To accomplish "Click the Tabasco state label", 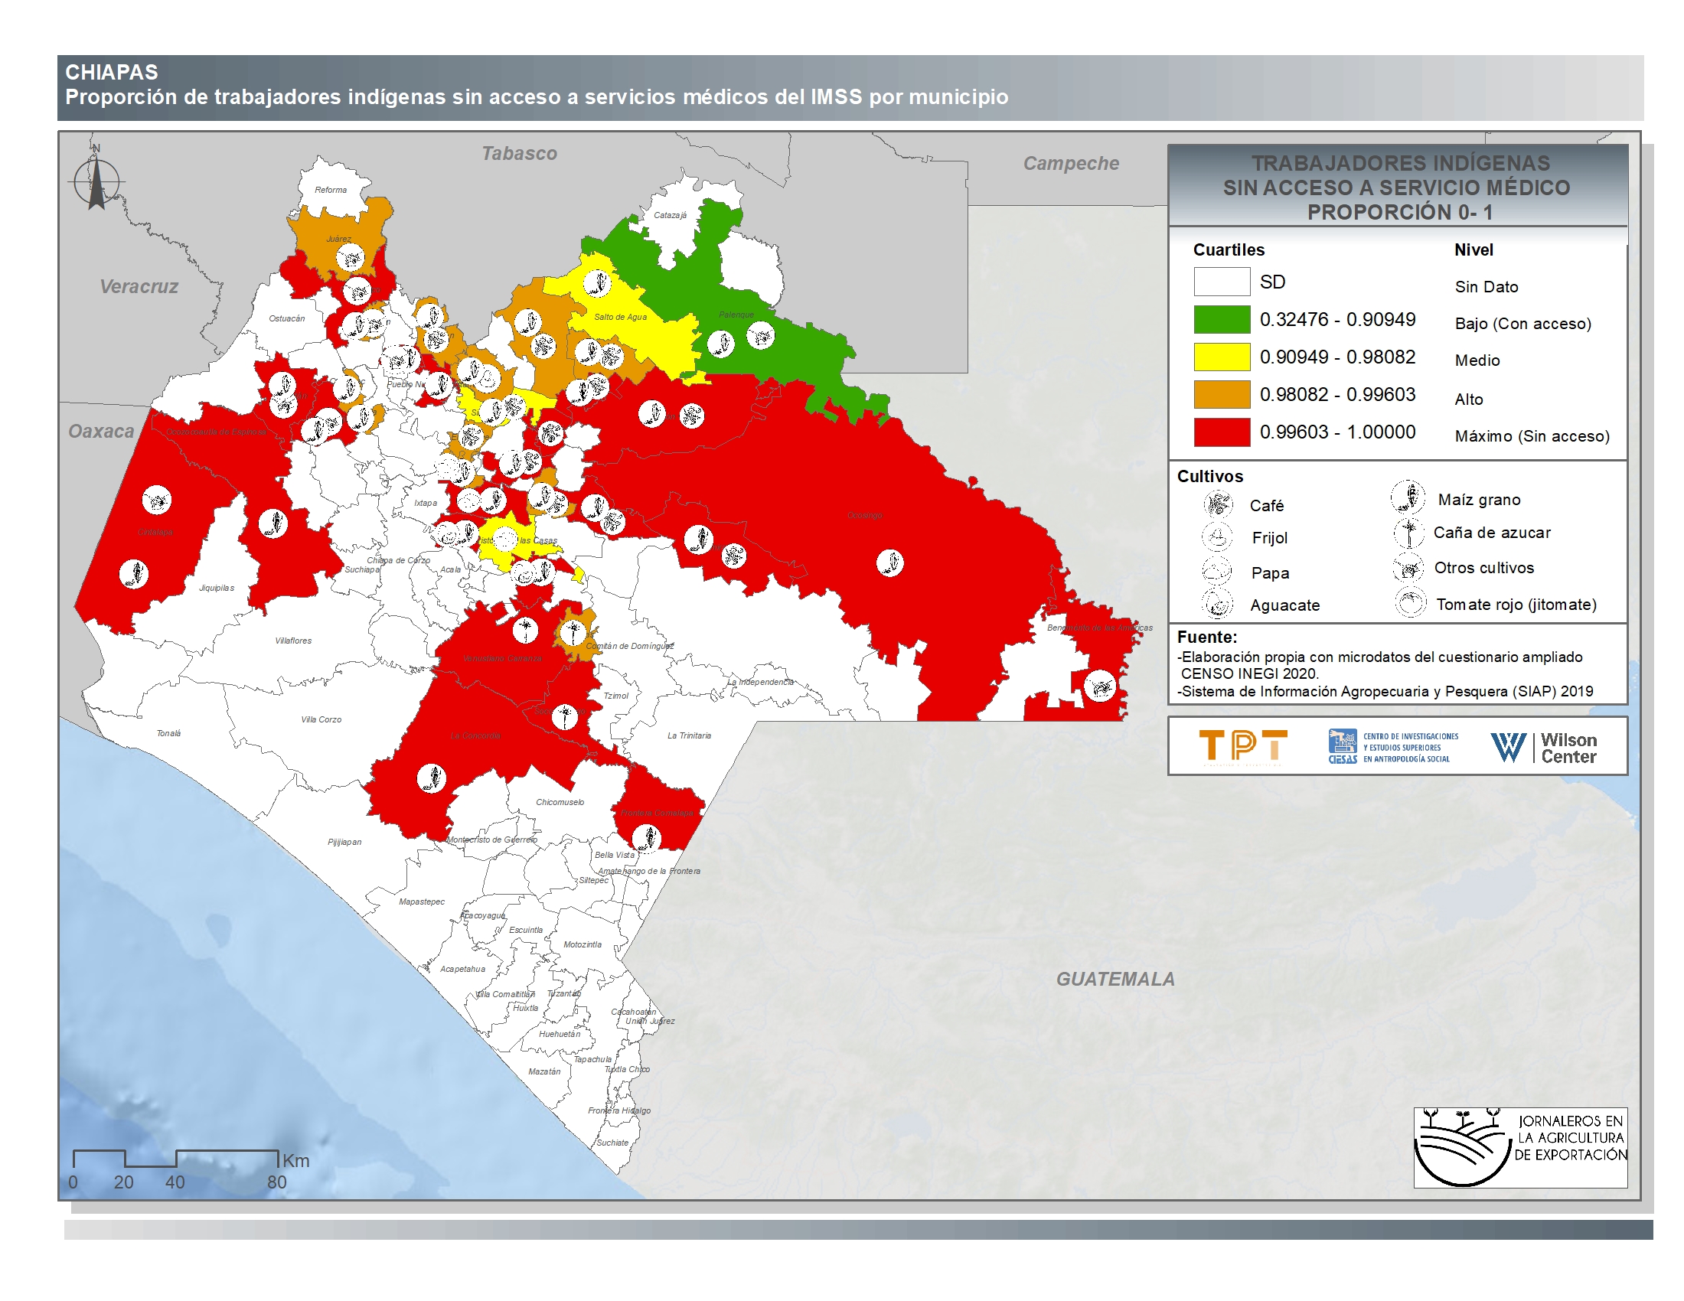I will (x=519, y=153).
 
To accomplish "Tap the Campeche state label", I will (x=1070, y=164).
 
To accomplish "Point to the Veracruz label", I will (x=139, y=287).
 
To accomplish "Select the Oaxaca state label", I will (x=101, y=432).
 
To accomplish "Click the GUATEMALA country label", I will (x=1115, y=979).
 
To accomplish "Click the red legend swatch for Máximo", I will (x=1222, y=432).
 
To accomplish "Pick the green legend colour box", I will (x=1222, y=319).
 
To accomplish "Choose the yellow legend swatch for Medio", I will (x=1222, y=357).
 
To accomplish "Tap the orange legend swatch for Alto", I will (x=1222, y=395).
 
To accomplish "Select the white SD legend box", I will (x=1222, y=282).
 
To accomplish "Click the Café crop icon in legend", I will (x=1218, y=505).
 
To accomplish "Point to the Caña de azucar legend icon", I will (x=1408, y=533).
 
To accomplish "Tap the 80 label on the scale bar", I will (x=277, y=1182).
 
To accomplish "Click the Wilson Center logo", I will (x=1544, y=748).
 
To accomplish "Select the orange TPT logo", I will (x=1243, y=746).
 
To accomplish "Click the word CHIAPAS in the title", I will (x=112, y=73).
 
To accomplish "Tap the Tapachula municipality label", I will (x=592, y=1059).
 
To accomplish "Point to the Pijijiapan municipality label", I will (x=344, y=842).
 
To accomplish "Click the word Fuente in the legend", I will (x=1206, y=637).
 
